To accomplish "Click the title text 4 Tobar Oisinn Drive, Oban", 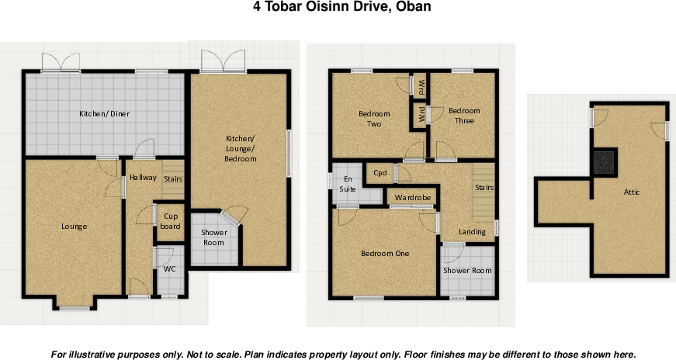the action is pos(341,7).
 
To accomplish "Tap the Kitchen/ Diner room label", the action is pos(104,114).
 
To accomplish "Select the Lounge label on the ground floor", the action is pos(75,227).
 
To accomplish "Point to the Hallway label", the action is pos(143,177).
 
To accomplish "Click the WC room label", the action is pos(170,269).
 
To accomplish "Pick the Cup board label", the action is pos(170,221).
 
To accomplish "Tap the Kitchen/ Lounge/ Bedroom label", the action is pos(240,149).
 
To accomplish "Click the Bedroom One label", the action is pos(385,254).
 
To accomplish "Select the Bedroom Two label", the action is pos(374,119).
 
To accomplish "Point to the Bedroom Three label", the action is pos(464,116).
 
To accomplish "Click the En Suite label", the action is pos(348,184).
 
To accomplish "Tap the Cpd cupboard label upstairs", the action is pos(380,173).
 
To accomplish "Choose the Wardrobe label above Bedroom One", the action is pos(413,198).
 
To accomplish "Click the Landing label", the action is pos(472,232).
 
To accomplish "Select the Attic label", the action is pos(632,192).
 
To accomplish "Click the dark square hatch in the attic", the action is pos(605,162).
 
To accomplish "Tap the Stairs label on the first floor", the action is pos(484,188).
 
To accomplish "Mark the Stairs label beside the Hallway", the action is pos(173,179).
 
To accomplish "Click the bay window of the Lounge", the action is pos(75,308).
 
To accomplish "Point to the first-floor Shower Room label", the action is pos(467,271).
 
